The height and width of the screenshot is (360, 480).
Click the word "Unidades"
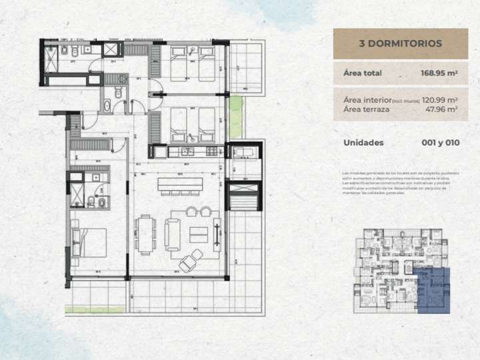point(364,142)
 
